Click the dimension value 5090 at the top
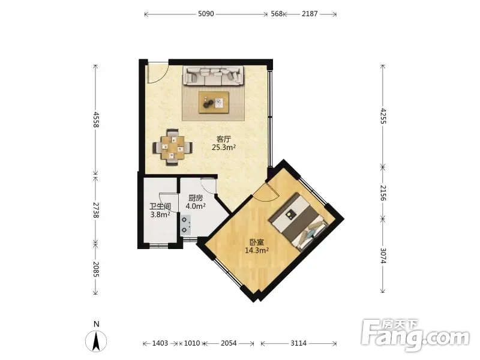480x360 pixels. point(206,14)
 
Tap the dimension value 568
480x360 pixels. point(277,14)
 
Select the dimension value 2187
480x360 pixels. point(310,14)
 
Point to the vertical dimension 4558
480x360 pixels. point(96,119)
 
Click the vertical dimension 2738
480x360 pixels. point(96,210)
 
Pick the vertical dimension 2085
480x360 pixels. point(96,269)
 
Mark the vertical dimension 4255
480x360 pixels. point(383,116)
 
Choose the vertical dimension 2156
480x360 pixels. point(383,193)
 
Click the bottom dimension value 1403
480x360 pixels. point(160,343)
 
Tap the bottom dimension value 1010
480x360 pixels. point(191,343)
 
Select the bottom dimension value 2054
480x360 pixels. point(229,343)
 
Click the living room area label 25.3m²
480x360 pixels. point(224,147)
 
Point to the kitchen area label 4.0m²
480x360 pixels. point(196,206)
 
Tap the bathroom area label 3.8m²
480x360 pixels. point(160,215)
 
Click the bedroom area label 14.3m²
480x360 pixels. point(257,250)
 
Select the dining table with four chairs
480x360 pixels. point(173,148)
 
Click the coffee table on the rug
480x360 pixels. point(214,102)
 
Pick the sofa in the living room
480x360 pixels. point(214,76)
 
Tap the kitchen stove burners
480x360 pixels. point(185,225)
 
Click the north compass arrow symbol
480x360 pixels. point(96,341)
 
